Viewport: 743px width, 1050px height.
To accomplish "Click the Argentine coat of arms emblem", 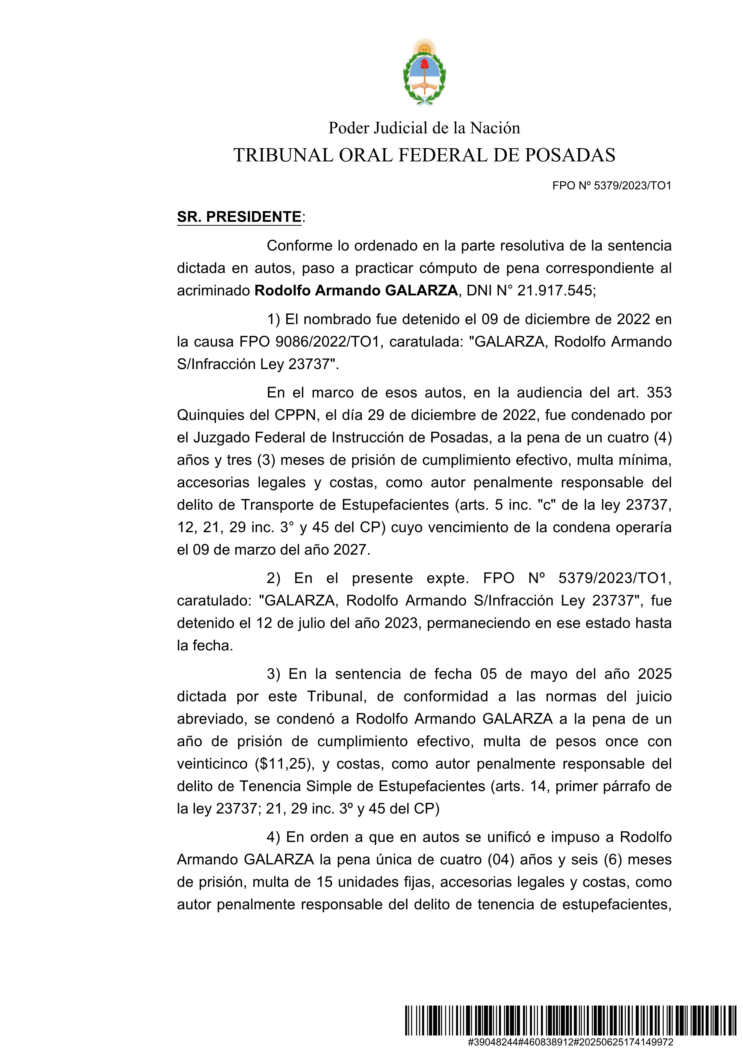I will pyautogui.click(x=424, y=72).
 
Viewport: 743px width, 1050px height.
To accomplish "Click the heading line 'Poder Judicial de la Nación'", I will pyautogui.click(x=424, y=128).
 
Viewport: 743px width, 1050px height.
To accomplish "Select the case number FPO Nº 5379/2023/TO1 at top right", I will pyautogui.click(x=612, y=186).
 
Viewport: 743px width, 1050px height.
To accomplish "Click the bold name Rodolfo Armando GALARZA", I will pyautogui.click(x=356, y=290).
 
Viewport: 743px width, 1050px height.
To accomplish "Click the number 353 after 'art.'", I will pyautogui.click(x=659, y=392).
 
